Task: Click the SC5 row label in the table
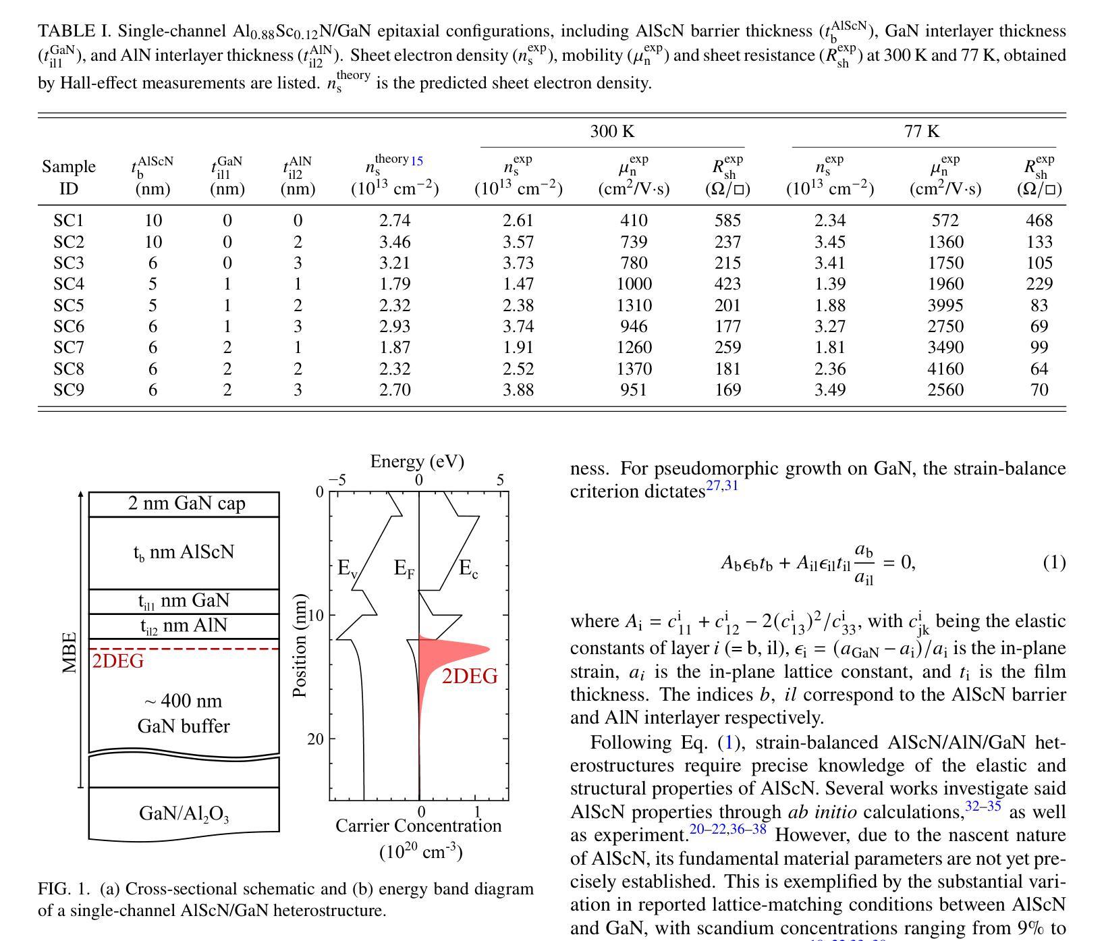[x=69, y=305]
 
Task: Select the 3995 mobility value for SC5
[x=945, y=305]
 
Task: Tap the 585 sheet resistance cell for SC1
[x=727, y=220]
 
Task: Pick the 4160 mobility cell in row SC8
[x=945, y=369]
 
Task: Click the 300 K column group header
[x=612, y=131]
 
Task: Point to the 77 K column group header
[x=922, y=131]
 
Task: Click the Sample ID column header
[x=69, y=177]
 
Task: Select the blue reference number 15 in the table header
[x=416, y=161]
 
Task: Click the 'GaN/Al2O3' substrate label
[x=184, y=813]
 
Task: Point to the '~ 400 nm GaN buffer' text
[x=184, y=714]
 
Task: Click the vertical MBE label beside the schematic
[x=70, y=652]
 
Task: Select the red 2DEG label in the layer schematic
[x=118, y=662]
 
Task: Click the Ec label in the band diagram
[x=468, y=569]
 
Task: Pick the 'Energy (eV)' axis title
[x=417, y=461]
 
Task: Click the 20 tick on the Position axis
[x=316, y=739]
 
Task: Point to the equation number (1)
[x=1054, y=562]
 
